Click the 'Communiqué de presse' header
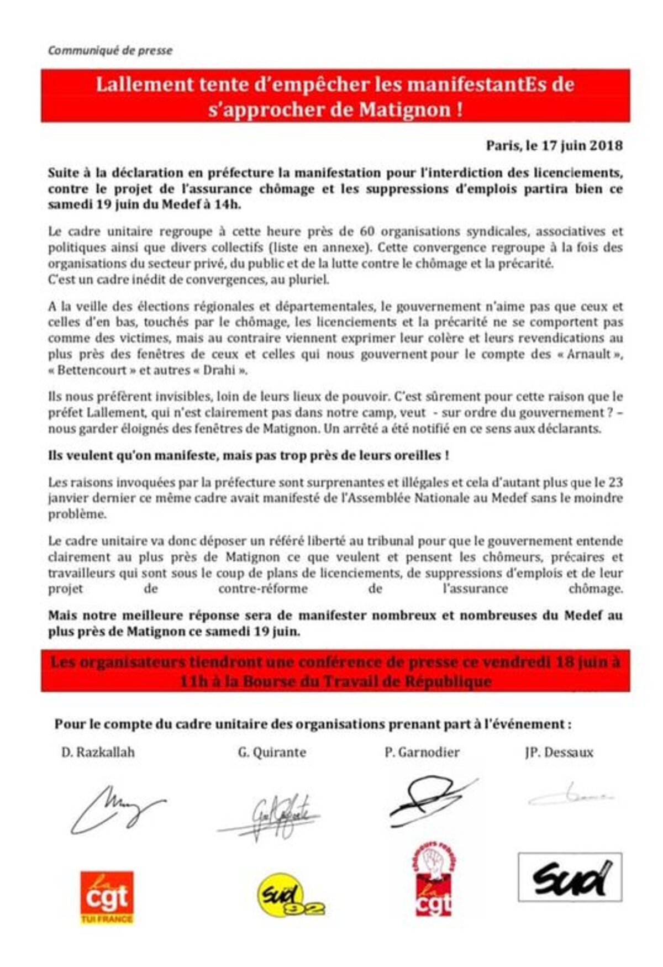[x=110, y=50]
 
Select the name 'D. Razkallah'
[x=98, y=752]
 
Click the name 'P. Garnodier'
[x=422, y=752]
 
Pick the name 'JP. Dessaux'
[x=559, y=752]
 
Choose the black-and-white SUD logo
[x=570, y=878]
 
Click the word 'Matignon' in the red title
[x=405, y=109]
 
